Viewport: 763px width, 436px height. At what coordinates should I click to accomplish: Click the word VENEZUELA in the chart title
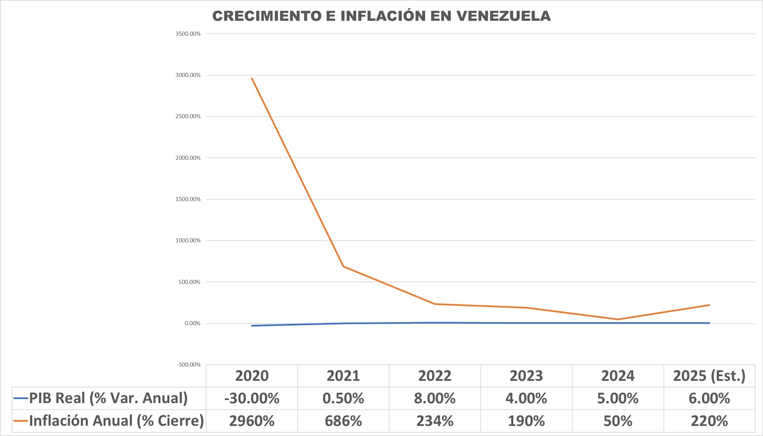click(503, 16)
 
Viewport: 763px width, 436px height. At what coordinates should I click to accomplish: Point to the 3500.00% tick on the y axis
click(188, 34)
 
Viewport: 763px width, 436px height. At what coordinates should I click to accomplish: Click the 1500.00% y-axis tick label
click(188, 199)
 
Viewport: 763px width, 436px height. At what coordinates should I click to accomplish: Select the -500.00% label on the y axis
click(188, 365)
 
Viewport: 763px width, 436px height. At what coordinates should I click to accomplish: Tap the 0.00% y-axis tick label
click(192, 324)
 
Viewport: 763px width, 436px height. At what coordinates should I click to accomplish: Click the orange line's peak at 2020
click(252, 79)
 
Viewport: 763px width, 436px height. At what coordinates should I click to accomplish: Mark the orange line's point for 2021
click(343, 266)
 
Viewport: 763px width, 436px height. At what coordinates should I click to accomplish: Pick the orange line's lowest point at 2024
click(618, 319)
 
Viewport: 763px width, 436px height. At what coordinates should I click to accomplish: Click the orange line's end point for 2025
click(709, 305)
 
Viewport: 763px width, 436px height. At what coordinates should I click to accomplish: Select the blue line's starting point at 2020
click(252, 326)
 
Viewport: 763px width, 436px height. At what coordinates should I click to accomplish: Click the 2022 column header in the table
click(435, 376)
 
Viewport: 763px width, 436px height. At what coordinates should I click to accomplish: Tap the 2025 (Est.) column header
click(709, 376)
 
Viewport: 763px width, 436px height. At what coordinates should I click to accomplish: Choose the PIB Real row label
click(108, 398)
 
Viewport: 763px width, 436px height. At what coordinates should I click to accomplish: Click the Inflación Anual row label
click(116, 420)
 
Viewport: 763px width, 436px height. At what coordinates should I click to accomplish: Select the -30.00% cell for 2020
click(252, 399)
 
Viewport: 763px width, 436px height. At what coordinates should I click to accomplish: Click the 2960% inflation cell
click(252, 421)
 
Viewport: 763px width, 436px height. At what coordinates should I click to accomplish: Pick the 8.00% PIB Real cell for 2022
click(435, 399)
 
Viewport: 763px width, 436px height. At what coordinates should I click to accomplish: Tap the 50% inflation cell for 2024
click(618, 421)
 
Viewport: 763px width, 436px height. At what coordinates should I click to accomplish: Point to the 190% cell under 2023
click(526, 421)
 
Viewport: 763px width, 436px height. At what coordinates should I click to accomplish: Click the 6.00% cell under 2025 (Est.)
click(709, 399)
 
